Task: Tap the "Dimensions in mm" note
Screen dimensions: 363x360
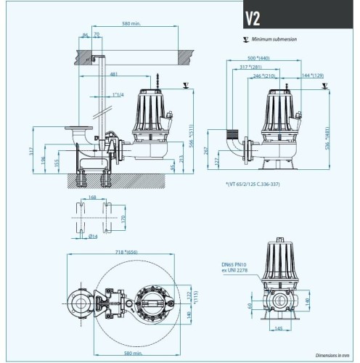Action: tap(334, 355)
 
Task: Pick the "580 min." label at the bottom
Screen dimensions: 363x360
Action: tap(132, 354)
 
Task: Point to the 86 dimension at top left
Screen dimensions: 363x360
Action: tap(85, 34)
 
